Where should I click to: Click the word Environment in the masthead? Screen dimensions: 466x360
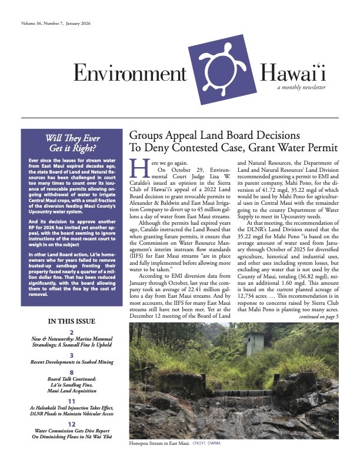pos(130,73)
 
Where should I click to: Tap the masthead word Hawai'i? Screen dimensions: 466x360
pos(291,73)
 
